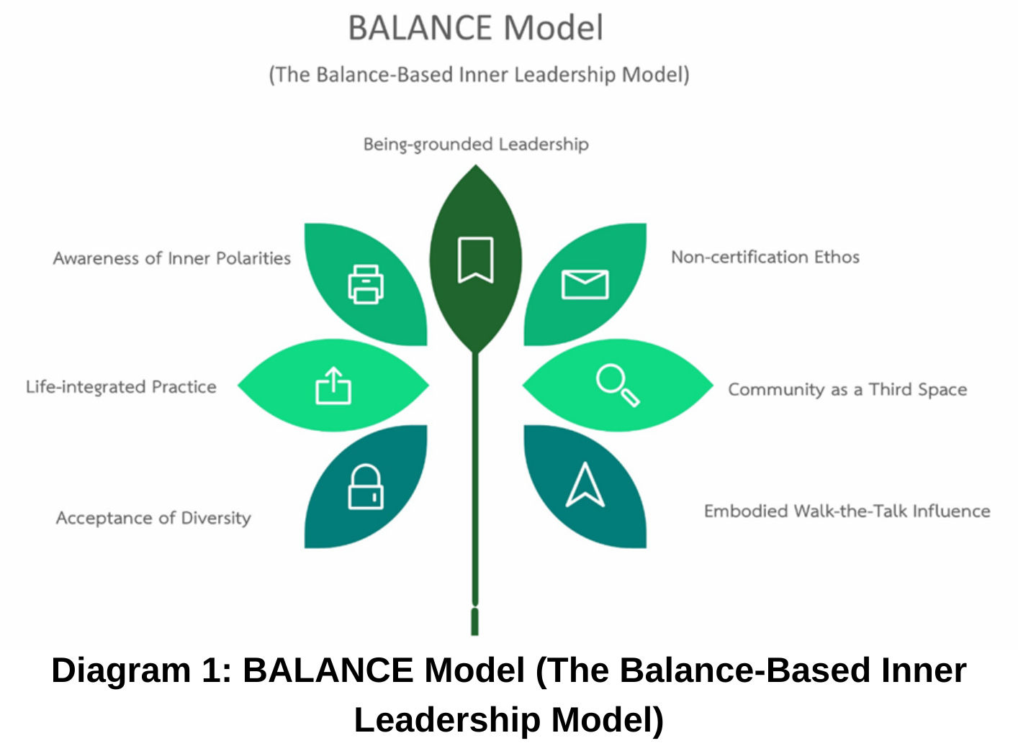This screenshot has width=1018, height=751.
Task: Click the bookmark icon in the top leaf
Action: point(475,260)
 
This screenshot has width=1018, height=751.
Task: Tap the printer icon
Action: point(366,284)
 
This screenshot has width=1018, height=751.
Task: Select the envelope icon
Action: point(585,284)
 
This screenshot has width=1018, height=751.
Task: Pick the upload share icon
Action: point(333,386)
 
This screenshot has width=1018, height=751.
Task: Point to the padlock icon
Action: point(366,487)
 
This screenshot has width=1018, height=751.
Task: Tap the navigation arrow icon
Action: point(585,484)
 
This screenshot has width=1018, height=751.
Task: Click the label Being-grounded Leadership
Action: point(476,145)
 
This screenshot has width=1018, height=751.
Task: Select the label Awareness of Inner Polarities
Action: point(172,258)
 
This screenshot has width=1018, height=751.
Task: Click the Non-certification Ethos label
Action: point(765,257)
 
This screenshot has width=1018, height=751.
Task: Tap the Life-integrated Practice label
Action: point(121,387)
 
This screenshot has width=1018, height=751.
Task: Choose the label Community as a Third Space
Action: point(847,389)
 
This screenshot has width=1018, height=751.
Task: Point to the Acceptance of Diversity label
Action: point(153,518)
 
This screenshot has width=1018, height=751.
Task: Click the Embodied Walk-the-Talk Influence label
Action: point(847,511)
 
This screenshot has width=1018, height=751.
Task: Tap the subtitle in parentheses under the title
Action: point(479,75)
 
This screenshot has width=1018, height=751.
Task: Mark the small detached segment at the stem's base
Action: point(475,622)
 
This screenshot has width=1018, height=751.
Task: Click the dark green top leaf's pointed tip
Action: point(475,165)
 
